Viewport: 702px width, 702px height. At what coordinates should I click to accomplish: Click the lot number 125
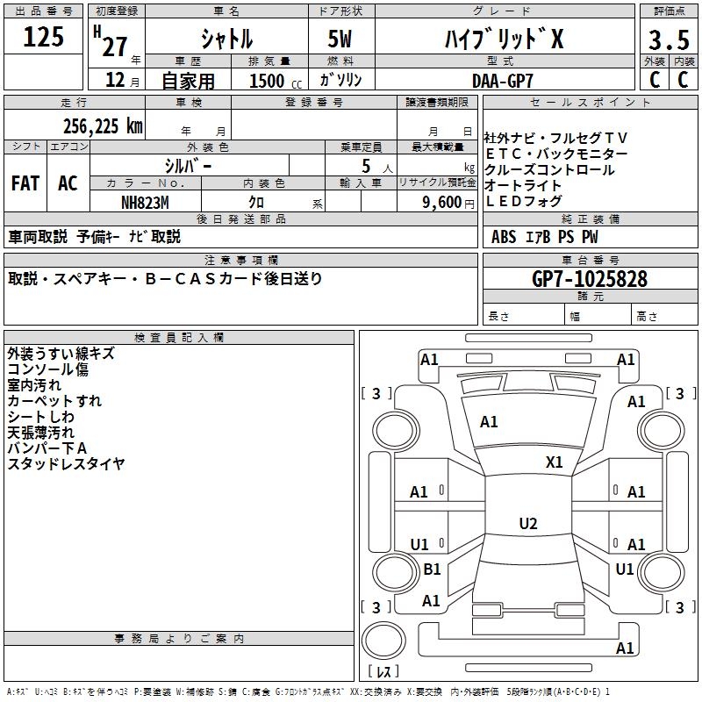[44, 37]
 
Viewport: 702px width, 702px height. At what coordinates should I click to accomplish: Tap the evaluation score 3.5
[666, 40]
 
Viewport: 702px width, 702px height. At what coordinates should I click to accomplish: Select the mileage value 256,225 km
[103, 126]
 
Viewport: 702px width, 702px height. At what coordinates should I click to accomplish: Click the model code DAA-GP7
[502, 80]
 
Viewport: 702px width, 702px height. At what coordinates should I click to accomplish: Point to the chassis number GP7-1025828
[590, 279]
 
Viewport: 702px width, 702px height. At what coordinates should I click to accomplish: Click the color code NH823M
[145, 201]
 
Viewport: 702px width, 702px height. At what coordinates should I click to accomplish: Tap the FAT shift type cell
[25, 183]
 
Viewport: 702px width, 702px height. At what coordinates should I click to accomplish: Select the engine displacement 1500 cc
[267, 81]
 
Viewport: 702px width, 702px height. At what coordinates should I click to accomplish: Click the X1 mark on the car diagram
[555, 462]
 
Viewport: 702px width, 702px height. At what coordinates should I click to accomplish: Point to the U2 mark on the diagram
[527, 524]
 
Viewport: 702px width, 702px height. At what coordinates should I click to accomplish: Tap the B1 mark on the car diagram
[432, 569]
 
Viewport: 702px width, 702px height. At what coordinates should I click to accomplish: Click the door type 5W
[341, 40]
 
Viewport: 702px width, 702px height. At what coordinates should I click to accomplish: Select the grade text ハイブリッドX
[501, 39]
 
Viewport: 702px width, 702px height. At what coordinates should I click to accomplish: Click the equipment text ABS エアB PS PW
[534, 237]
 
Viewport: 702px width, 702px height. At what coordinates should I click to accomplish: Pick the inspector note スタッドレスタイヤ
[66, 464]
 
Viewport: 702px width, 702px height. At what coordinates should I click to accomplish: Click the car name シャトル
[226, 40]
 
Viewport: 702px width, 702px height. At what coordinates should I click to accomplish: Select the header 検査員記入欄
[179, 338]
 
